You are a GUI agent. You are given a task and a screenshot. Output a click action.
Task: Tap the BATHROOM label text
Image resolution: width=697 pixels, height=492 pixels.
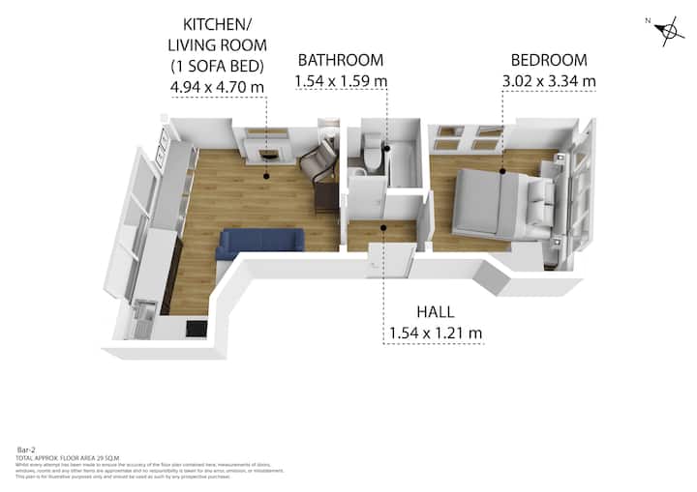(x=340, y=60)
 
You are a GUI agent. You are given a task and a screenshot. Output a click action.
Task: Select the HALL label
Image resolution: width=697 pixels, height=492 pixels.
(x=436, y=312)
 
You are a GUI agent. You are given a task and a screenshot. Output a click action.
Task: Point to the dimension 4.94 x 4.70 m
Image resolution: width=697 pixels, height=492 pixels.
(x=218, y=87)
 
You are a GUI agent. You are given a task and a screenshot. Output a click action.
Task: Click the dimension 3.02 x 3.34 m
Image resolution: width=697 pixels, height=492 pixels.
(x=548, y=82)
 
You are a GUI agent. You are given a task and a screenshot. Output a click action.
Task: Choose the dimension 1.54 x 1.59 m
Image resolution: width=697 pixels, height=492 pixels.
(x=340, y=82)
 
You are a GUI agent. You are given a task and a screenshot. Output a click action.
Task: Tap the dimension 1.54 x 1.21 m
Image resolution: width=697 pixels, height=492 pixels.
(x=436, y=334)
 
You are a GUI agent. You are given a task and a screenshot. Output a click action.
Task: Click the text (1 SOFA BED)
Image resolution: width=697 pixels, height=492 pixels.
(x=218, y=65)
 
